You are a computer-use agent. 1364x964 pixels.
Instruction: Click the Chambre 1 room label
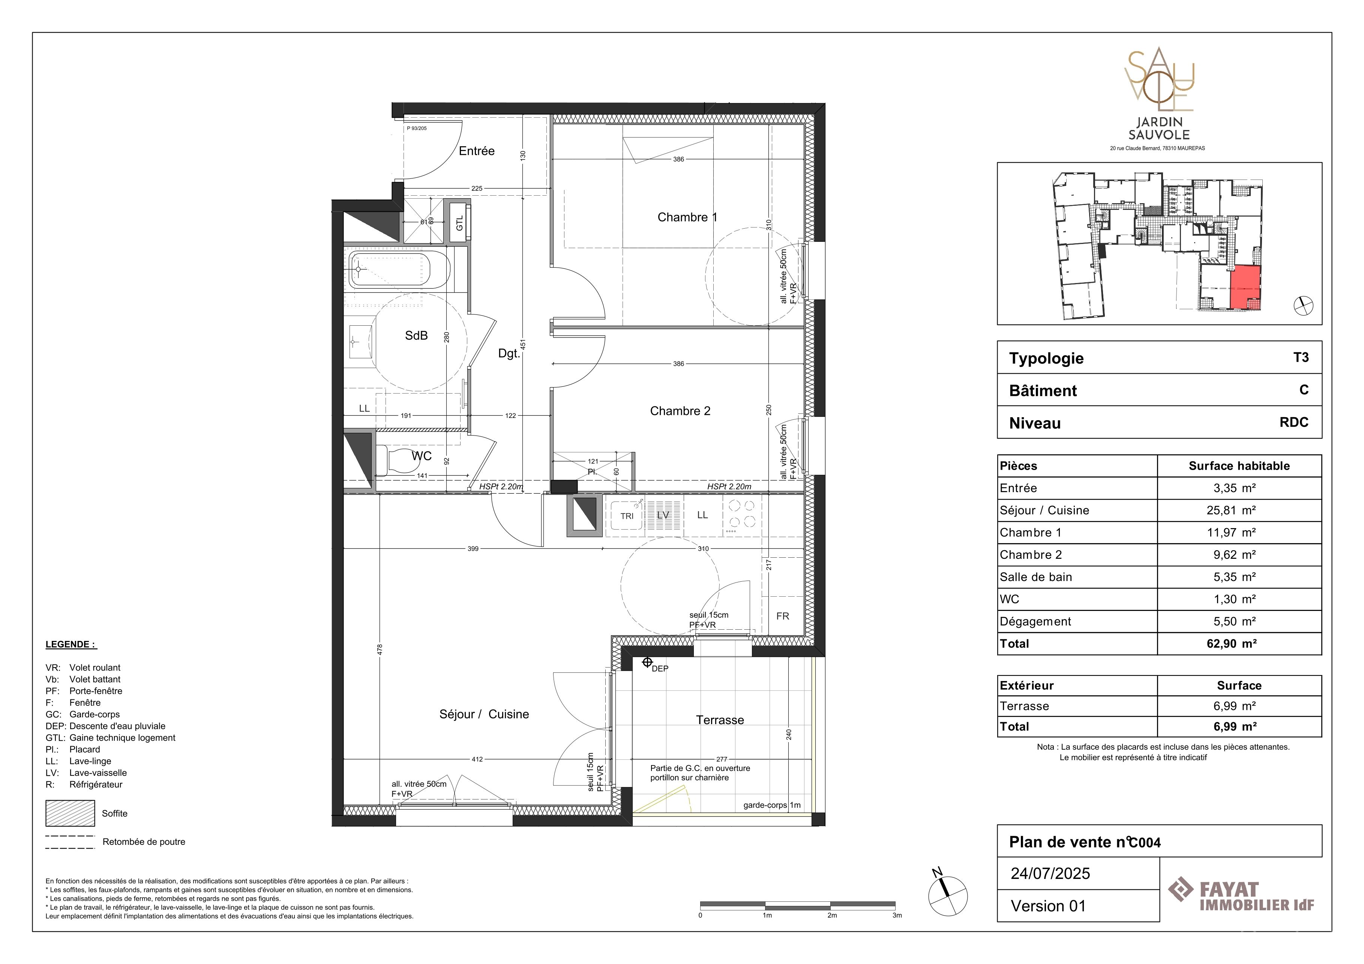(687, 217)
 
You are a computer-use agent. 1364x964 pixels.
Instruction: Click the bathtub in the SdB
(389, 270)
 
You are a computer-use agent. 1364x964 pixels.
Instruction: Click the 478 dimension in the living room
(380, 650)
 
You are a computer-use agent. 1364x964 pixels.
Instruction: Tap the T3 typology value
(1301, 357)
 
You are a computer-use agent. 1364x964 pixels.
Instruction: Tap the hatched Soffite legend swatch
(70, 813)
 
